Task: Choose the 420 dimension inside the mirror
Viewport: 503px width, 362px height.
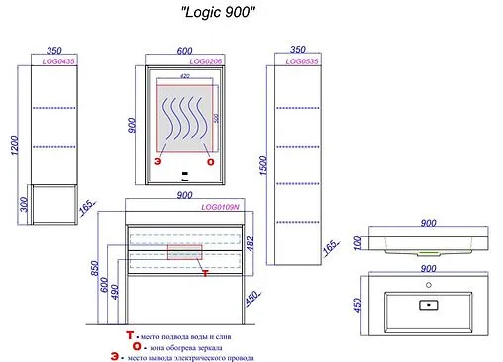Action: point(184,75)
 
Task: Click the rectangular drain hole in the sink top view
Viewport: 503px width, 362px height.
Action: point(429,304)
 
